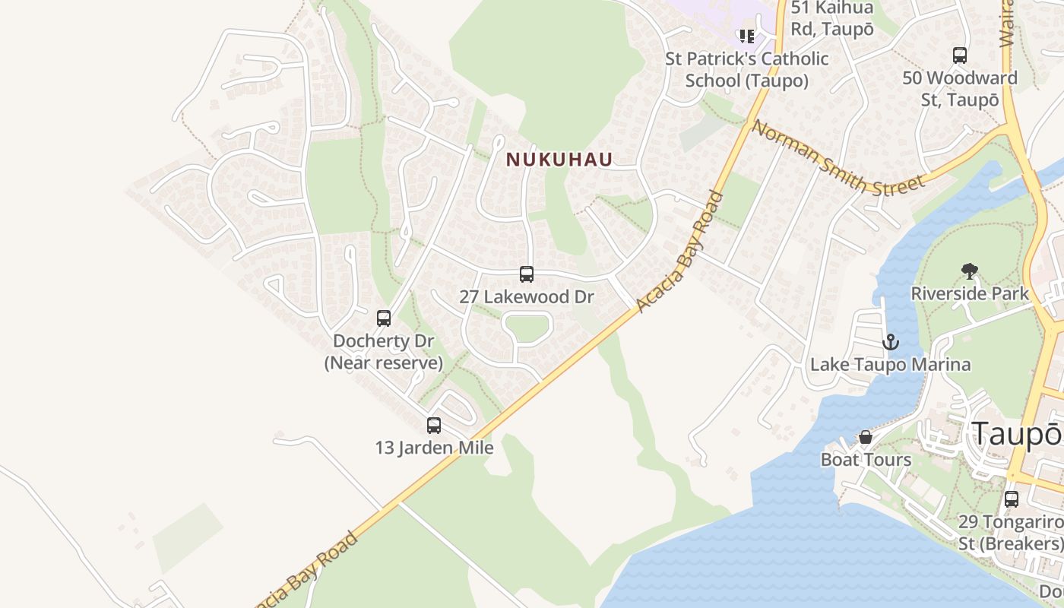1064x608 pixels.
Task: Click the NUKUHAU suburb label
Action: point(559,160)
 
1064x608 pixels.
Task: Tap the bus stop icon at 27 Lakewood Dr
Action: point(527,274)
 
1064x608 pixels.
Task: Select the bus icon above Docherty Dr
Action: point(384,318)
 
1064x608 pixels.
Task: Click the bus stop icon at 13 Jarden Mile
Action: point(434,426)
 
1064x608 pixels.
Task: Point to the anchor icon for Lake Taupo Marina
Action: point(891,342)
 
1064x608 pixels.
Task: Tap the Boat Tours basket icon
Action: point(865,437)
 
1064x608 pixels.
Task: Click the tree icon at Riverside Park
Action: point(969,271)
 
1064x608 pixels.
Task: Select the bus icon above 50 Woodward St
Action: point(960,55)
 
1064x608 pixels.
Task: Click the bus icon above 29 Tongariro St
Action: point(1012,499)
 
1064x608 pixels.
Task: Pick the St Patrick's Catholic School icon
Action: point(746,36)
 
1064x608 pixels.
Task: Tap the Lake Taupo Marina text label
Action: point(890,365)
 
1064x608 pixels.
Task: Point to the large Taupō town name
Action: point(1017,434)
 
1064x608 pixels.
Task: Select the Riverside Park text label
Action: point(970,293)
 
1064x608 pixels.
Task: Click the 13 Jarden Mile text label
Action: point(434,448)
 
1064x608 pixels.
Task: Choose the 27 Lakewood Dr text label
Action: point(526,297)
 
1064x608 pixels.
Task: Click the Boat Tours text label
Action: point(866,460)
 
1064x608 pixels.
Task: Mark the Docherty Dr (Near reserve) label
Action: point(384,352)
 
